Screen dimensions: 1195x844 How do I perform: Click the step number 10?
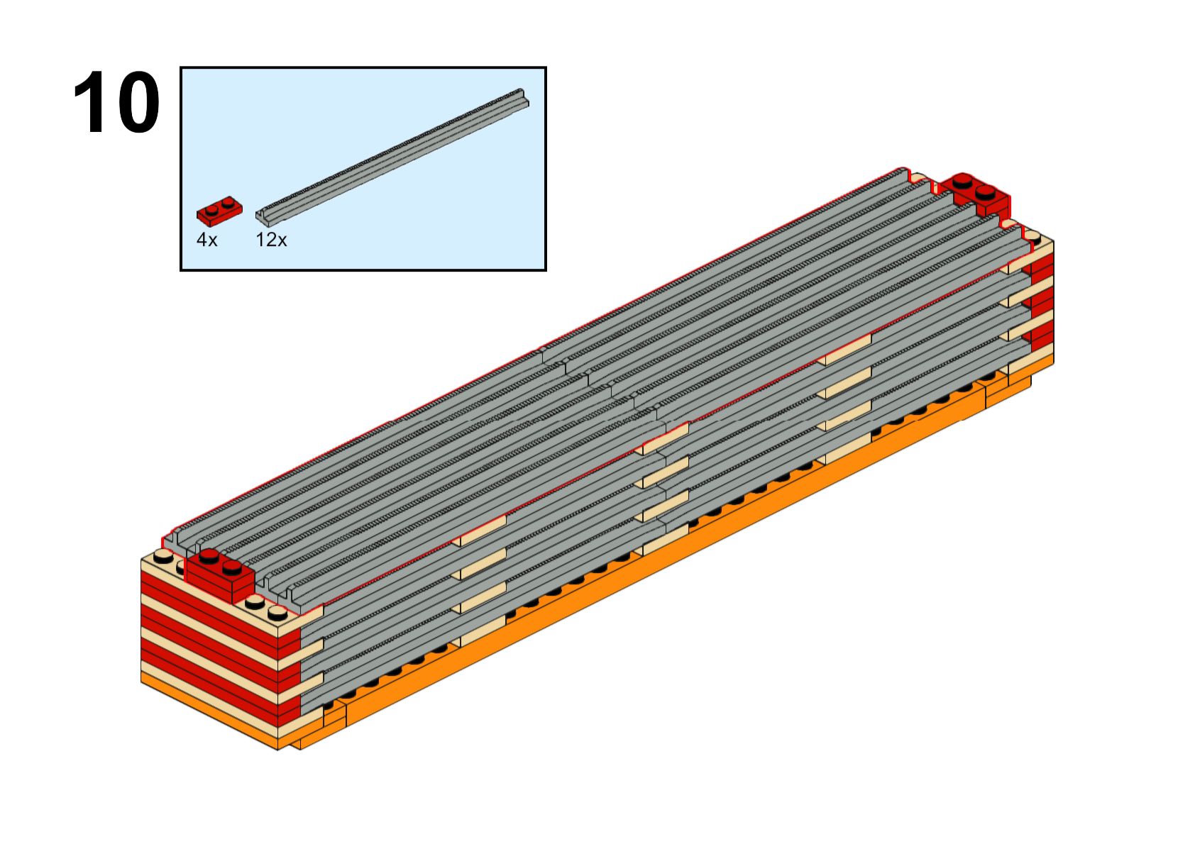click(x=116, y=102)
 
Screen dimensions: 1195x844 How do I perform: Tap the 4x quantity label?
click(x=207, y=240)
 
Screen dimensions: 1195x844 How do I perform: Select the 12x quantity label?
click(x=271, y=240)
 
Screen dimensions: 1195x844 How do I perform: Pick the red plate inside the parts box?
click(x=219, y=211)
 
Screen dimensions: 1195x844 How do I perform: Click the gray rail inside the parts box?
click(x=392, y=158)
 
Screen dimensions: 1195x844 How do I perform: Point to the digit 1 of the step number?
click(x=89, y=102)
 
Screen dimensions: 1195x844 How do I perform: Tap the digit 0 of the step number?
click(x=138, y=102)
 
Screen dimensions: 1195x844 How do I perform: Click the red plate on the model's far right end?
click(x=974, y=195)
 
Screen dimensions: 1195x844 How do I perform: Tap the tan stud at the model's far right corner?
click(x=1032, y=237)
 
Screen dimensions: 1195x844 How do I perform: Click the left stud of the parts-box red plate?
click(x=212, y=209)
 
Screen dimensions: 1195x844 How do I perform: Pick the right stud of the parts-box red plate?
click(x=228, y=202)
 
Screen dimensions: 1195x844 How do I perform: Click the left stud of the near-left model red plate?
click(x=209, y=557)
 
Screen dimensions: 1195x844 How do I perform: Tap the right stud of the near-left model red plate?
click(x=232, y=567)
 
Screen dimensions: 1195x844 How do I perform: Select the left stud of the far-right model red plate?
click(x=962, y=182)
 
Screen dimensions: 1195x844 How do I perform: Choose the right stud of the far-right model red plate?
click(x=985, y=192)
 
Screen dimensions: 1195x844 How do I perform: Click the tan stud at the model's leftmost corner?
click(x=163, y=557)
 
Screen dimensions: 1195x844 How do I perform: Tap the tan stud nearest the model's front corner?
click(x=277, y=613)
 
